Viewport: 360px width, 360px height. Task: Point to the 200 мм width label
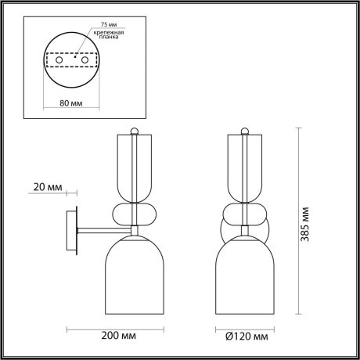pos(114,337)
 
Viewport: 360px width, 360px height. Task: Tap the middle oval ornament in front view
pos(247,214)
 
